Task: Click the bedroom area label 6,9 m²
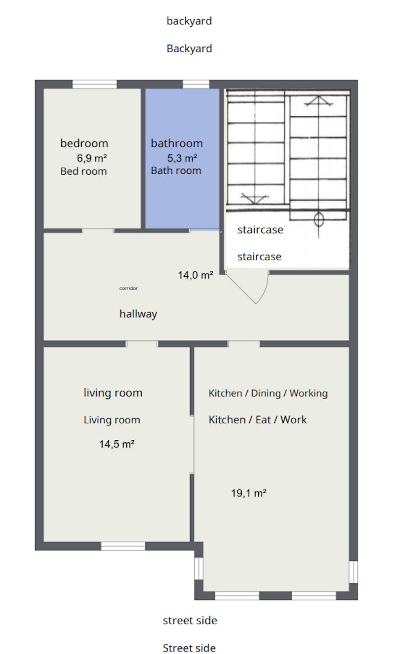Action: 92,158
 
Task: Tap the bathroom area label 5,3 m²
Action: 182,158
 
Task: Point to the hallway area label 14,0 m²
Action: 195,275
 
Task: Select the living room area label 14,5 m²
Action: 117,444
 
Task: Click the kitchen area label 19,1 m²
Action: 249,493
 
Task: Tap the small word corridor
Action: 129,288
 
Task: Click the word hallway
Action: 138,314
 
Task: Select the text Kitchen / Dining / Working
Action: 268,393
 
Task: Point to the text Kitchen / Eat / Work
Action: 257,420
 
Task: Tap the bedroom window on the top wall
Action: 94,84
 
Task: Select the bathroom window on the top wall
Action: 196,84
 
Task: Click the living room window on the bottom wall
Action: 123,546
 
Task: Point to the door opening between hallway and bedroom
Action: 98,231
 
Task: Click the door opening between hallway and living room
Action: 142,344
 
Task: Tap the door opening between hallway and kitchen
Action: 244,344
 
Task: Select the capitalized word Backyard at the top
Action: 189,49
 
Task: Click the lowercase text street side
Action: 190,620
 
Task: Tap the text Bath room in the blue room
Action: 176,170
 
